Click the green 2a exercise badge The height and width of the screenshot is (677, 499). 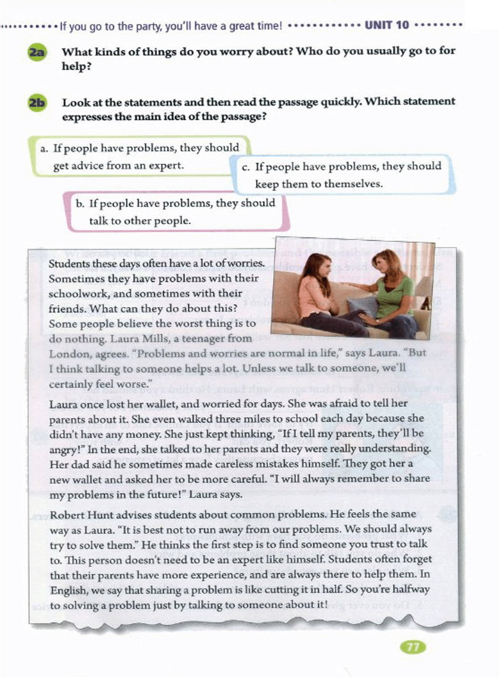37,52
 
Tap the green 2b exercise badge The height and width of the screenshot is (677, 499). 37,103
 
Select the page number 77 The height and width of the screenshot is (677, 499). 412,647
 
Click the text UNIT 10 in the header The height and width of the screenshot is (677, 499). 387,25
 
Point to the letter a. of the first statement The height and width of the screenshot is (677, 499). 44,149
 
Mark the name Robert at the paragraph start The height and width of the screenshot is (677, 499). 66,514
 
